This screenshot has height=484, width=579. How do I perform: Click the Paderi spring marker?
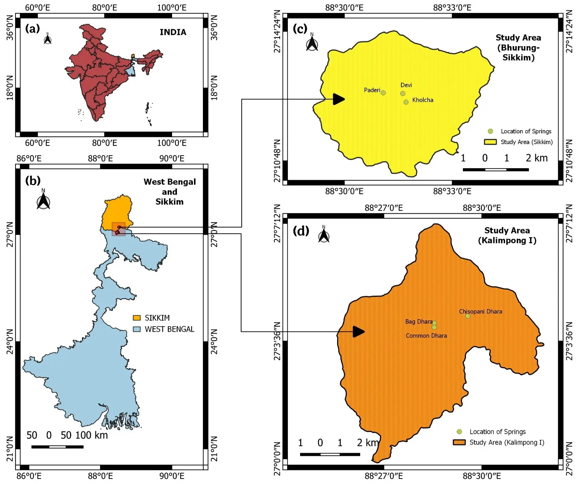[383, 93]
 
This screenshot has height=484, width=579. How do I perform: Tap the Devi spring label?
[406, 85]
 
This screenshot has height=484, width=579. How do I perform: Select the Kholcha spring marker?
[406, 102]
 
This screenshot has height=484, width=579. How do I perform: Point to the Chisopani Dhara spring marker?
[468, 316]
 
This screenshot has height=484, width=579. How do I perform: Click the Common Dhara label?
[426, 336]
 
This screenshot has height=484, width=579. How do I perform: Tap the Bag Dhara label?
[418, 321]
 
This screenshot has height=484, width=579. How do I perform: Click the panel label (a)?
[32, 29]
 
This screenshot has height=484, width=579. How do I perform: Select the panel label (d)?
[301, 231]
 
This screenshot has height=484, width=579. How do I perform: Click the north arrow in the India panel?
[47, 39]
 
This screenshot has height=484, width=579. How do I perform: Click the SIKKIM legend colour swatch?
[137, 318]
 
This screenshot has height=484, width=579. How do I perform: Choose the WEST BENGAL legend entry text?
[170, 329]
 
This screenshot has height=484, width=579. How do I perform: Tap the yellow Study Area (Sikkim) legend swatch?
[490, 142]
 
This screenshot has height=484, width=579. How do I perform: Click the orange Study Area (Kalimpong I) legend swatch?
[459, 442]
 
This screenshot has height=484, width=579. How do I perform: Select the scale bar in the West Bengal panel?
[57, 447]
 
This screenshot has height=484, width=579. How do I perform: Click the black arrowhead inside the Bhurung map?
[339, 99]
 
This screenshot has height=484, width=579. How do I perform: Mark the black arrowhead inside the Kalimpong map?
[358, 332]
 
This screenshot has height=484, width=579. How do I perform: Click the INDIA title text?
[173, 32]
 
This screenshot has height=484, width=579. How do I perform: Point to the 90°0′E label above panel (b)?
[172, 158]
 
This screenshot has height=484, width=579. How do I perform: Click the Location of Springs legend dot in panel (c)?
[490, 131]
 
